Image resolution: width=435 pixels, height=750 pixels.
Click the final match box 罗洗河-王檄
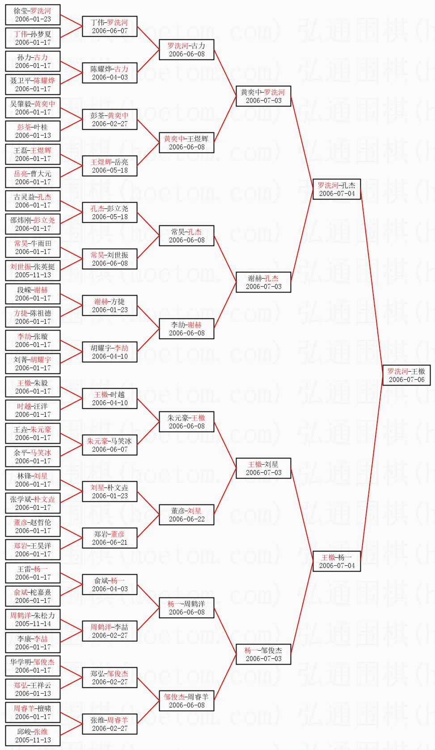coord(406,375)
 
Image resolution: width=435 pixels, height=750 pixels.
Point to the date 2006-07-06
coord(406,380)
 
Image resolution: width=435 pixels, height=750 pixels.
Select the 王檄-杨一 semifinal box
coord(337,561)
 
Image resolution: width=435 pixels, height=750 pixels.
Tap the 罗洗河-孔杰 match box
coord(337,189)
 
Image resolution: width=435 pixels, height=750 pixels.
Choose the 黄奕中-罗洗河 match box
coord(263,96)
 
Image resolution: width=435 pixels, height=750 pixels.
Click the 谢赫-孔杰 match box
coord(263,282)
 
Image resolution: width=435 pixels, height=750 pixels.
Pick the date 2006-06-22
coord(186,519)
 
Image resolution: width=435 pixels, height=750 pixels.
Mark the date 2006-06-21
coord(110,542)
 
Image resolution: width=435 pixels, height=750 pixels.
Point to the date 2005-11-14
coord(33,624)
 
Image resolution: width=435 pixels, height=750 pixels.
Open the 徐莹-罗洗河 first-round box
coord(33,15)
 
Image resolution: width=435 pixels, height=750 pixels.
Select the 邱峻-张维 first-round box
coord(33,736)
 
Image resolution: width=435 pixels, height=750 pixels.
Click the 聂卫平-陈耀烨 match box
coord(33,85)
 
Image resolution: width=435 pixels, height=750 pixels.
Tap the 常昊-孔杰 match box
coord(186,236)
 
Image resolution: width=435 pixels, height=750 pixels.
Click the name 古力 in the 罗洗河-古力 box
coord(198,46)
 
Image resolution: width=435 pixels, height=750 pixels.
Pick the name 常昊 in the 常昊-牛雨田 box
coord(21,243)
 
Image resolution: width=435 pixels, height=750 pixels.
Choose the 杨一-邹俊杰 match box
coord(263,654)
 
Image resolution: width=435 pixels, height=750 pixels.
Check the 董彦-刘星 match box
coord(186,515)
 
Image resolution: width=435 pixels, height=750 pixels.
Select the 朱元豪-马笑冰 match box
coord(110,445)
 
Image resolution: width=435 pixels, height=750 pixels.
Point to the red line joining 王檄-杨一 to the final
coord(371,470)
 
